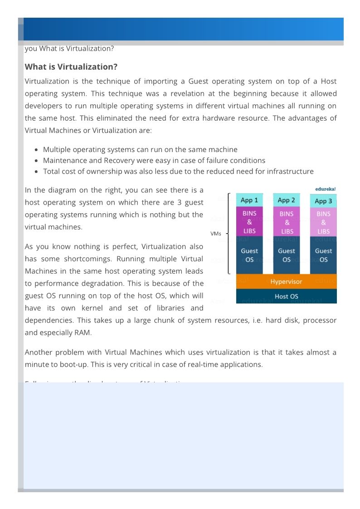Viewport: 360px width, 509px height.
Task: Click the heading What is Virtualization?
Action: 71,67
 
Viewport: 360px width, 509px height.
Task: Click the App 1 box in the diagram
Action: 249,200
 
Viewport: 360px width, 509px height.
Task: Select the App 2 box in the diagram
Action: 287,200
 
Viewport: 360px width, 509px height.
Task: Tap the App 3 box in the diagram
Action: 323,201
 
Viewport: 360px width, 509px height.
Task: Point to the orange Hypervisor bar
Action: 286,282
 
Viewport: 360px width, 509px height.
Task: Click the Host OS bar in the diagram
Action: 286,296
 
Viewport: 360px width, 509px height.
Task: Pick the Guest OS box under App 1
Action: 249,255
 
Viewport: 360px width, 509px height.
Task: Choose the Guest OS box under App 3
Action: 323,255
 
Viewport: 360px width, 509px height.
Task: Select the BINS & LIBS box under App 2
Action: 287,222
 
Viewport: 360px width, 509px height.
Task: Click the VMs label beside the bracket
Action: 216,234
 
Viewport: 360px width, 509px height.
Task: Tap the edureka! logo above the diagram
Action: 326,189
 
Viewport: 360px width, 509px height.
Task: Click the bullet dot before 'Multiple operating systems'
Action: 36,150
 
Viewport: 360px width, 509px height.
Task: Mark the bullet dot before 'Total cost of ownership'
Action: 36,171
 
